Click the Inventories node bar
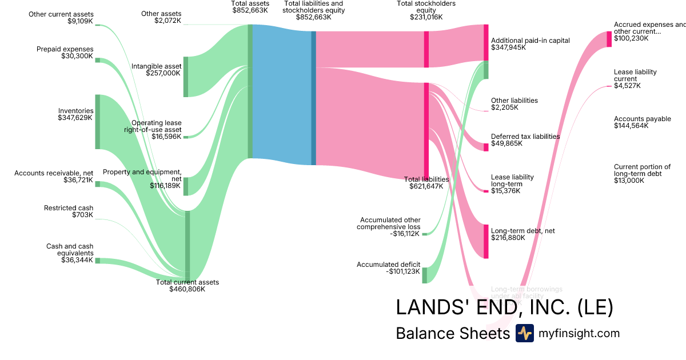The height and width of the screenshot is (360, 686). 97,122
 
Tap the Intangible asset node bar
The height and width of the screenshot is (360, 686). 185,77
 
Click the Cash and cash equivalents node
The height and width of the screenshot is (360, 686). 97,261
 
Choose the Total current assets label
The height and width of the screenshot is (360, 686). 187,286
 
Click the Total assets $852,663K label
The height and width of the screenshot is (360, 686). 250,7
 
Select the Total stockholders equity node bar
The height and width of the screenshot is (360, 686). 426,49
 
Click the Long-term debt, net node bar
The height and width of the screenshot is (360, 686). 486,241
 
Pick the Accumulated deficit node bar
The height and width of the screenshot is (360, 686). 424,275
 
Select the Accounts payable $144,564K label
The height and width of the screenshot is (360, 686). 642,122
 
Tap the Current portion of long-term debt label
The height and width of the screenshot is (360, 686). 641,173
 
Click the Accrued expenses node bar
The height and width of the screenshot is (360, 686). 609,39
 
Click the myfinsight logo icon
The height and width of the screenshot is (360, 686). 524,333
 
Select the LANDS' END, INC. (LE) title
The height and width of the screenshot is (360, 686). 504,307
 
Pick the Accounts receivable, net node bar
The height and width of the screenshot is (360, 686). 97,184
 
